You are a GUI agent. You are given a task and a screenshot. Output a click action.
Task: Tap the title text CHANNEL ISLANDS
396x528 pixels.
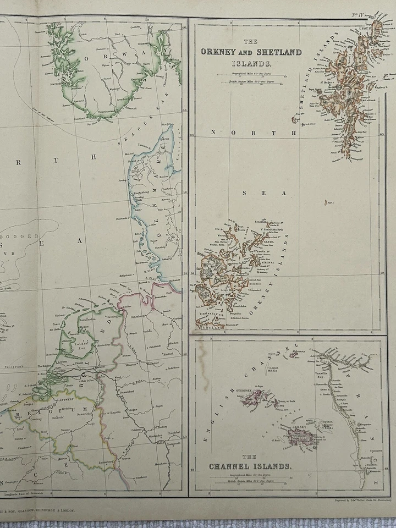pos(250,466)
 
